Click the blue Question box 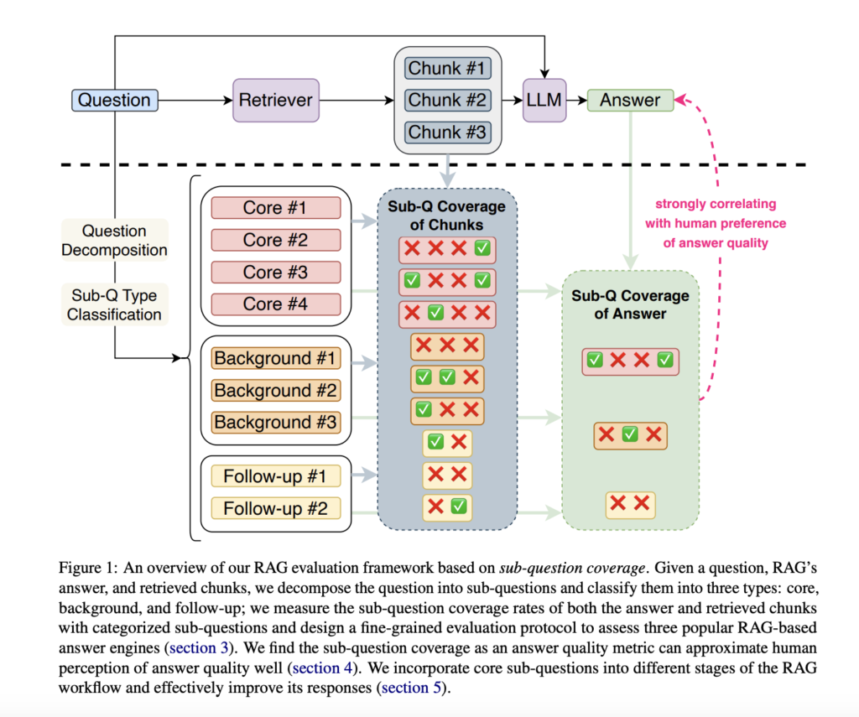coord(114,101)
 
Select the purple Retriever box coord(276,101)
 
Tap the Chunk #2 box coord(447,101)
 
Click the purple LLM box coord(544,101)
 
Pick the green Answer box coord(630,101)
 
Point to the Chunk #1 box coord(447,69)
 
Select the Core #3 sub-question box coord(275,273)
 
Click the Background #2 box coord(275,390)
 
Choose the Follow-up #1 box coord(275,477)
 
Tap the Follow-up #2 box coord(275,508)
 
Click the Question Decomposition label coord(114,240)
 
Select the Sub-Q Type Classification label coord(114,304)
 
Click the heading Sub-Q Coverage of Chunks coord(447,215)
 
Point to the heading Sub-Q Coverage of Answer coord(630,304)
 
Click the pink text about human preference coord(715,223)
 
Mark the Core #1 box coord(275,208)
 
